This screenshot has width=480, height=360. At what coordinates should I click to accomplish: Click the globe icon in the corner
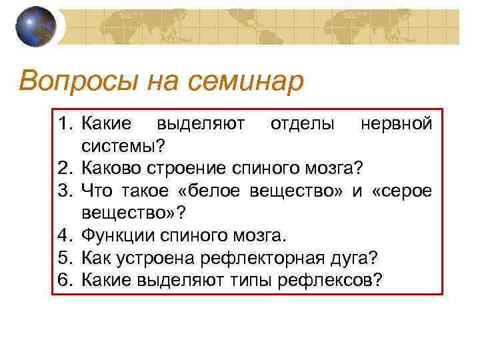36,27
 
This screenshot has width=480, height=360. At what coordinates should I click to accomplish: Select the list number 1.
65,124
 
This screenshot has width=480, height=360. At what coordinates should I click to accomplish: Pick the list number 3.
65,191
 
